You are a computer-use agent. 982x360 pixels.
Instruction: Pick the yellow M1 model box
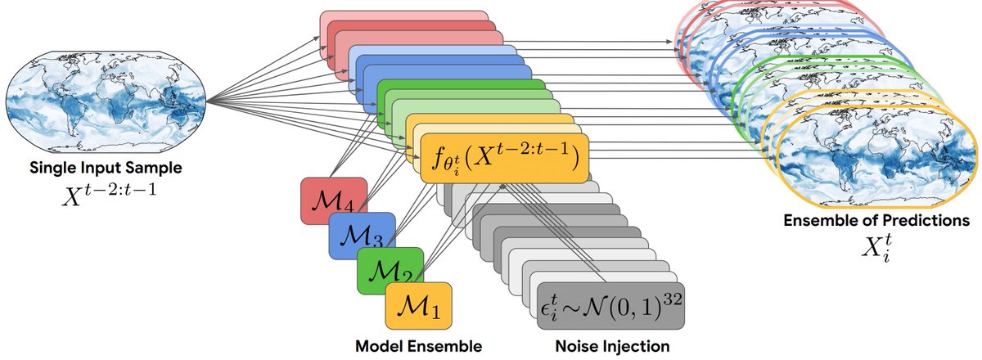coord(418,305)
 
